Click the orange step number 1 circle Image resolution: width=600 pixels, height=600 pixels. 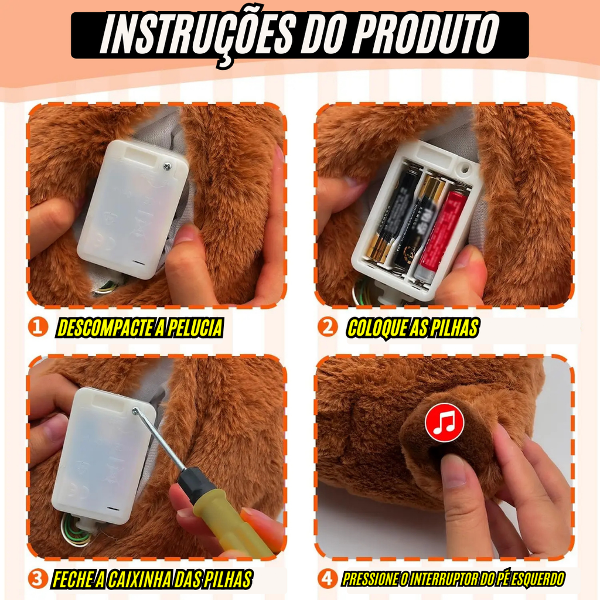[x=37, y=328]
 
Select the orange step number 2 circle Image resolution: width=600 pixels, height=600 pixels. [x=328, y=328]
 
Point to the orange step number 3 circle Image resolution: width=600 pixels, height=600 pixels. [x=37, y=578]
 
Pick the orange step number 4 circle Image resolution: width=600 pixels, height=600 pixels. [x=328, y=578]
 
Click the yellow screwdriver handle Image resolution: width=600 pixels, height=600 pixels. [x=226, y=520]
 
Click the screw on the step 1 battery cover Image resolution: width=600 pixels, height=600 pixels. [x=167, y=166]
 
